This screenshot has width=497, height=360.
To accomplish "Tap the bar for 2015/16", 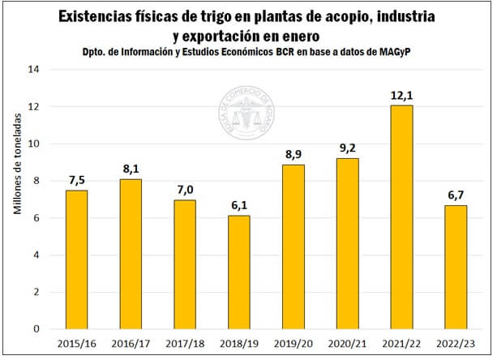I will pos(76,259).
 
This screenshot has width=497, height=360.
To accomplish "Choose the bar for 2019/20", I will pos(293,246).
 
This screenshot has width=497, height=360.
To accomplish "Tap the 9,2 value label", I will pos(347,148).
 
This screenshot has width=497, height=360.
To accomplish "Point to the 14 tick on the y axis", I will pos(35,70).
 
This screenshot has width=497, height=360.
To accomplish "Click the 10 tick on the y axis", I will pos(35,144).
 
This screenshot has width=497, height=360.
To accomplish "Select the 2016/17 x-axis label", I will pos(131,345).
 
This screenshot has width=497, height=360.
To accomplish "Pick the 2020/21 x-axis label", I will pos(347,345).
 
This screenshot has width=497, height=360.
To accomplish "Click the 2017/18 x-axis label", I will pos(185,345).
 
